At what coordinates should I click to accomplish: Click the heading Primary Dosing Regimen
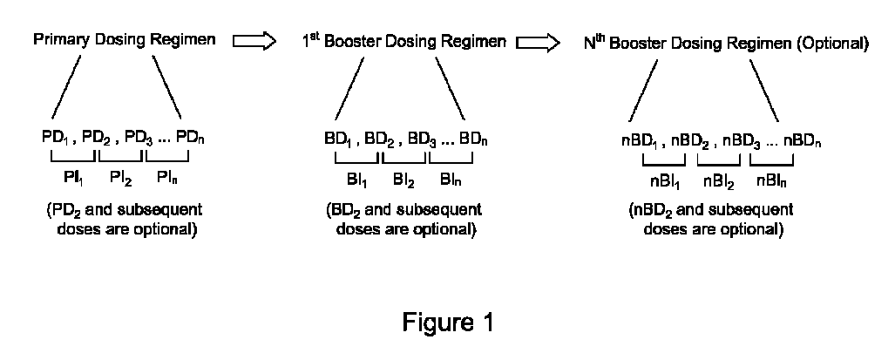[x=124, y=41]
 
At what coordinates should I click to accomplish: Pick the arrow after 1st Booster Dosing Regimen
[x=539, y=41]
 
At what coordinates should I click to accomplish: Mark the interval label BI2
[x=404, y=180]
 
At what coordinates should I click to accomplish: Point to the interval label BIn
[x=451, y=180]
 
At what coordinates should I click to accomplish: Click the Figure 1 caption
[x=448, y=323]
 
